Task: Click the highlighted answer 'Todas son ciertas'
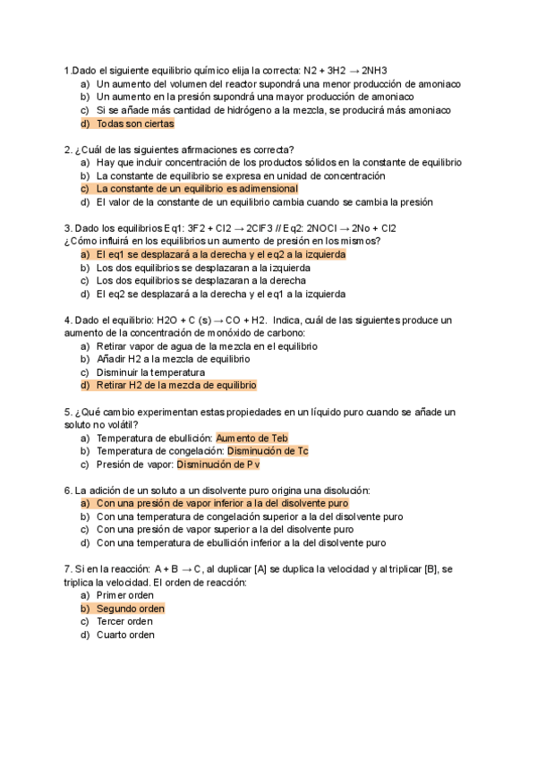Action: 135,124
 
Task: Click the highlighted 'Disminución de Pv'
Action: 217,465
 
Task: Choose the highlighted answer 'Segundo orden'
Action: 130,608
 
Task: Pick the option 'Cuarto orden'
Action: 125,635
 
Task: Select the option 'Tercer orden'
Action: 124,621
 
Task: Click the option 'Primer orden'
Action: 124,594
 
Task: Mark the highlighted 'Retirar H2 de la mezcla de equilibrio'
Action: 176,385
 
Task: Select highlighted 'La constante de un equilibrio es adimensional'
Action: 197,189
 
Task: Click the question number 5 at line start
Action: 68,412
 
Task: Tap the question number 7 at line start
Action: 68,568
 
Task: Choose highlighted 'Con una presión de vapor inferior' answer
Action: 222,503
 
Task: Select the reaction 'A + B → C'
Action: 178,568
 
